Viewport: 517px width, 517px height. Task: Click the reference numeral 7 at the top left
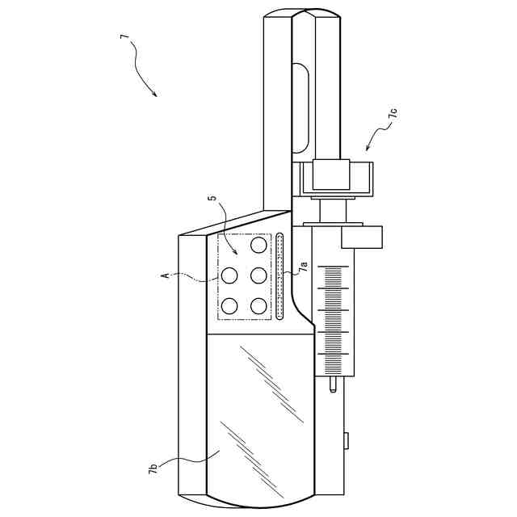point(123,36)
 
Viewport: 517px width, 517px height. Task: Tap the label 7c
point(393,114)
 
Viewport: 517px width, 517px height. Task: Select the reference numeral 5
point(213,197)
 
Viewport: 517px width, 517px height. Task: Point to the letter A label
point(166,275)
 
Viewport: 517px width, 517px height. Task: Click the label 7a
point(304,267)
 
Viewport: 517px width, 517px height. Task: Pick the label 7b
point(153,469)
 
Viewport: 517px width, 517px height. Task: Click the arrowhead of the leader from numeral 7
point(154,94)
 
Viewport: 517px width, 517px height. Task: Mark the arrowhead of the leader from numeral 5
point(234,252)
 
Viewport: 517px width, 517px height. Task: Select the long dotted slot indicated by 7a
point(280,277)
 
